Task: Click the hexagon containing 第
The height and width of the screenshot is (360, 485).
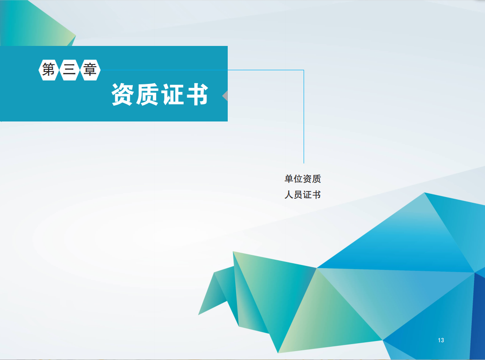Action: (49, 70)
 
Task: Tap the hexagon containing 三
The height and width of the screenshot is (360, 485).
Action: (69, 70)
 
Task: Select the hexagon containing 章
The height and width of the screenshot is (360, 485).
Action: (90, 70)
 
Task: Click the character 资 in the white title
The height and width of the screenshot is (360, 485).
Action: (123, 95)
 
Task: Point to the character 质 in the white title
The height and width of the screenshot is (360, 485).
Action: (147, 95)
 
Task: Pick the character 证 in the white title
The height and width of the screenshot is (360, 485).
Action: (172, 95)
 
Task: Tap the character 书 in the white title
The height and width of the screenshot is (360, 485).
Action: (197, 95)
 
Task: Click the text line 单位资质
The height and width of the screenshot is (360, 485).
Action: (302, 178)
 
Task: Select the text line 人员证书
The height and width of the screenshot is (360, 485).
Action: (302, 195)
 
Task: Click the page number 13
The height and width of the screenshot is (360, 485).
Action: (441, 340)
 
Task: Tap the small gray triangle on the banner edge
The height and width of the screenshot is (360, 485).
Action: (225, 96)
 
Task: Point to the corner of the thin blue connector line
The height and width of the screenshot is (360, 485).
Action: (304, 70)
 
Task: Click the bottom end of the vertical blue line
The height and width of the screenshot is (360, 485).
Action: (304, 163)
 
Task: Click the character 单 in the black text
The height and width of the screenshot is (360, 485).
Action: (289, 178)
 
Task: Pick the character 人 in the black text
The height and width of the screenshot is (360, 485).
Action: (289, 195)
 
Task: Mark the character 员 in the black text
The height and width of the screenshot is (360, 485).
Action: (298, 195)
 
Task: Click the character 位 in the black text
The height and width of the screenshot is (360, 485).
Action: (298, 178)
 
